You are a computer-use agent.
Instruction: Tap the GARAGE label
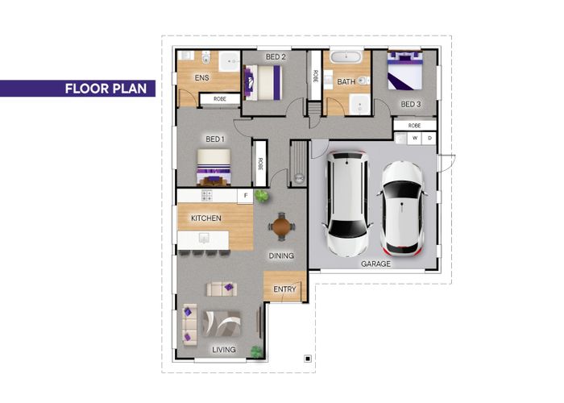pos(375,264)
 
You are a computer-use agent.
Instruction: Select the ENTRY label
pos(284,289)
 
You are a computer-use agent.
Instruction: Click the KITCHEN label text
pos(205,218)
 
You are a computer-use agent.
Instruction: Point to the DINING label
pos(281,256)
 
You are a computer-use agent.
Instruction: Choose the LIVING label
pos(224,349)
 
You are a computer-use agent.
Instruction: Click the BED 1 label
pos(215,139)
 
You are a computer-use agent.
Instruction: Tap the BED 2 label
pos(276,57)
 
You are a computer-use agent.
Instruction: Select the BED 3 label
pos(411,104)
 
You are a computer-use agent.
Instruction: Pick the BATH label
pos(346,81)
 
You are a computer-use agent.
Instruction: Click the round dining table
pos(281,226)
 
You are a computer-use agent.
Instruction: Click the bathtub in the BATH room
pos(347,59)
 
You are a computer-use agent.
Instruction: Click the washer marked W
pos(416,138)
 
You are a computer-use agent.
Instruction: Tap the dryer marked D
pos(429,138)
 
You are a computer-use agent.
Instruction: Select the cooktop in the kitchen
pos(206,195)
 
